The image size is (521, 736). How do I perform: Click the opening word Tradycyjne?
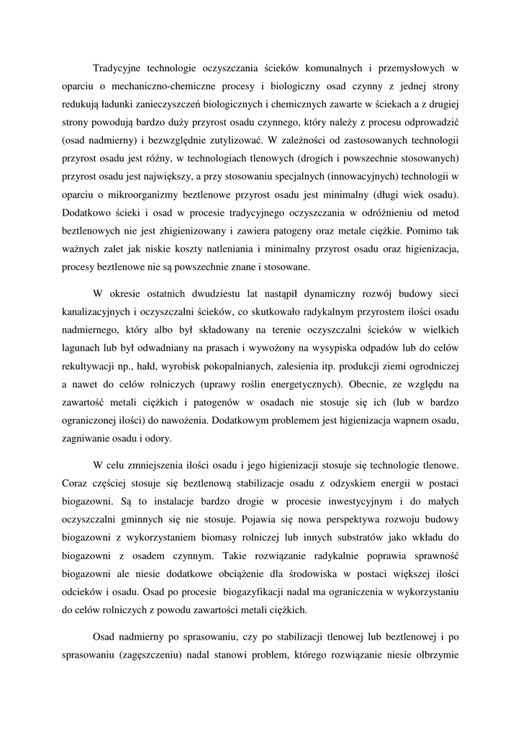click(117, 68)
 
